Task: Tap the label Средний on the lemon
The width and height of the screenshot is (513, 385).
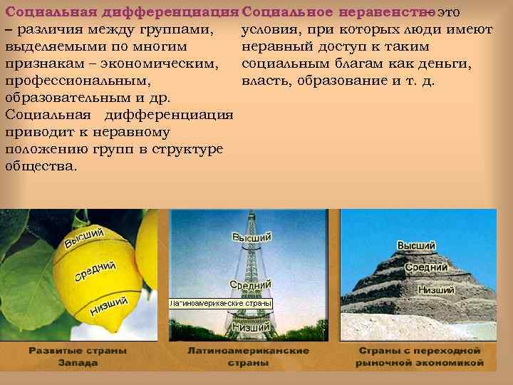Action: [x=95, y=272]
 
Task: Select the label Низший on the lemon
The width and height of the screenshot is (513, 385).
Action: [x=108, y=305]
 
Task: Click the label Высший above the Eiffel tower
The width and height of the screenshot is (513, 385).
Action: [x=252, y=237]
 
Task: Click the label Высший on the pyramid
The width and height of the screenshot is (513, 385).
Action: [x=416, y=246]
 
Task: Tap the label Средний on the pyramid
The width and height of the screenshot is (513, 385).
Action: [x=426, y=267]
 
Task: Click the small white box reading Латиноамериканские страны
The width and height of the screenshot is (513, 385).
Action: [x=221, y=303]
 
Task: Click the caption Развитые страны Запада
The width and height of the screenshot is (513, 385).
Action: [x=78, y=356]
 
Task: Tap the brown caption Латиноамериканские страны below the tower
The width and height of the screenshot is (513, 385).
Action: [x=248, y=356]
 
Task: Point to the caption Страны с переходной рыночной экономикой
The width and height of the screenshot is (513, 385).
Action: [x=420, y=356]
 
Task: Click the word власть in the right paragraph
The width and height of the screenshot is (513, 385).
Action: [x=263, y=80]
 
